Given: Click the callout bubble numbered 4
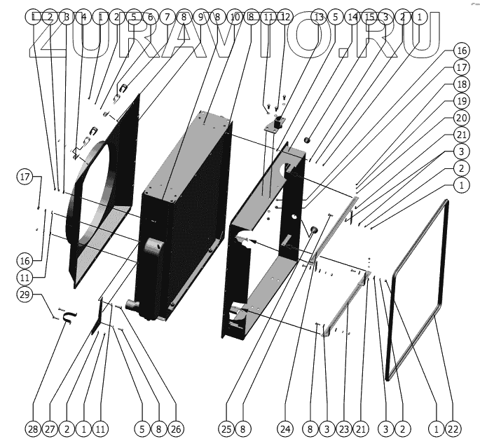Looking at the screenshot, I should coord(83,16).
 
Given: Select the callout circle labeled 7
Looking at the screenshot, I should coord(166,16).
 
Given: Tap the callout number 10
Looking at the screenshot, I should coord(234,16).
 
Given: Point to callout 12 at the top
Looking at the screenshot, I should coord(284,16).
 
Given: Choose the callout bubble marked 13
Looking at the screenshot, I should coord(319,16).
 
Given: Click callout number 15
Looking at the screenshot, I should coord(369,16).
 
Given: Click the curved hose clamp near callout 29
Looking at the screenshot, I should coord(68,319).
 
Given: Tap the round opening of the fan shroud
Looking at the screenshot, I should coord(98,203).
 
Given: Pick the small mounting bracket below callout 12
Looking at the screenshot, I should coord(275,126).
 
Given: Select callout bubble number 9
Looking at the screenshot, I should coord(200,16).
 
